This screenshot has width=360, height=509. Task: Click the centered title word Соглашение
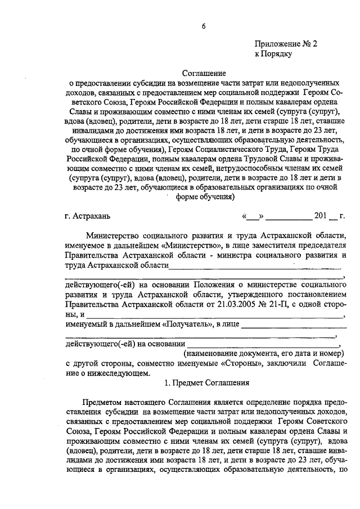click(204, 73)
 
